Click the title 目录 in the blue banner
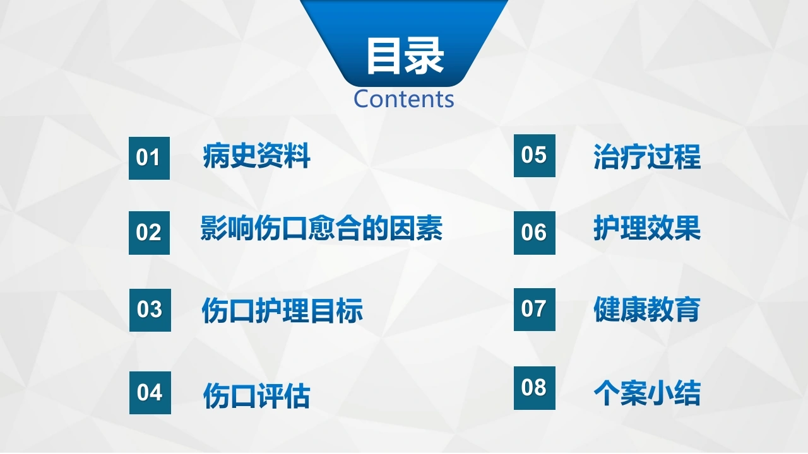tap(405, 56)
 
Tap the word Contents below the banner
tap(403, 99)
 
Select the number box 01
tap(150, 158)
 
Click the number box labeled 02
tap(150, 233)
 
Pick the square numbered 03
tap(150, 310)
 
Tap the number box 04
tap(150, 393)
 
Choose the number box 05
tap(535, 156)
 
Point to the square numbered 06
tap(535, 233)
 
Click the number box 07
tap(535, 310)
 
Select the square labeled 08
tap(535, 388)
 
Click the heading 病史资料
tap(256, 156)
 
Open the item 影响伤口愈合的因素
tap(321, 228)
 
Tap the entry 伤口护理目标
tap(282, 310)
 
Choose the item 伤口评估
tap(257, 395)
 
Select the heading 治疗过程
tap(647, 157)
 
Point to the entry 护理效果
tap(647, 228)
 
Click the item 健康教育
tap(647, 310)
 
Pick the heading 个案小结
tap(647, 393)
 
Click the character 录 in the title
tap(425, 56)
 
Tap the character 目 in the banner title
tap(384, 56)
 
